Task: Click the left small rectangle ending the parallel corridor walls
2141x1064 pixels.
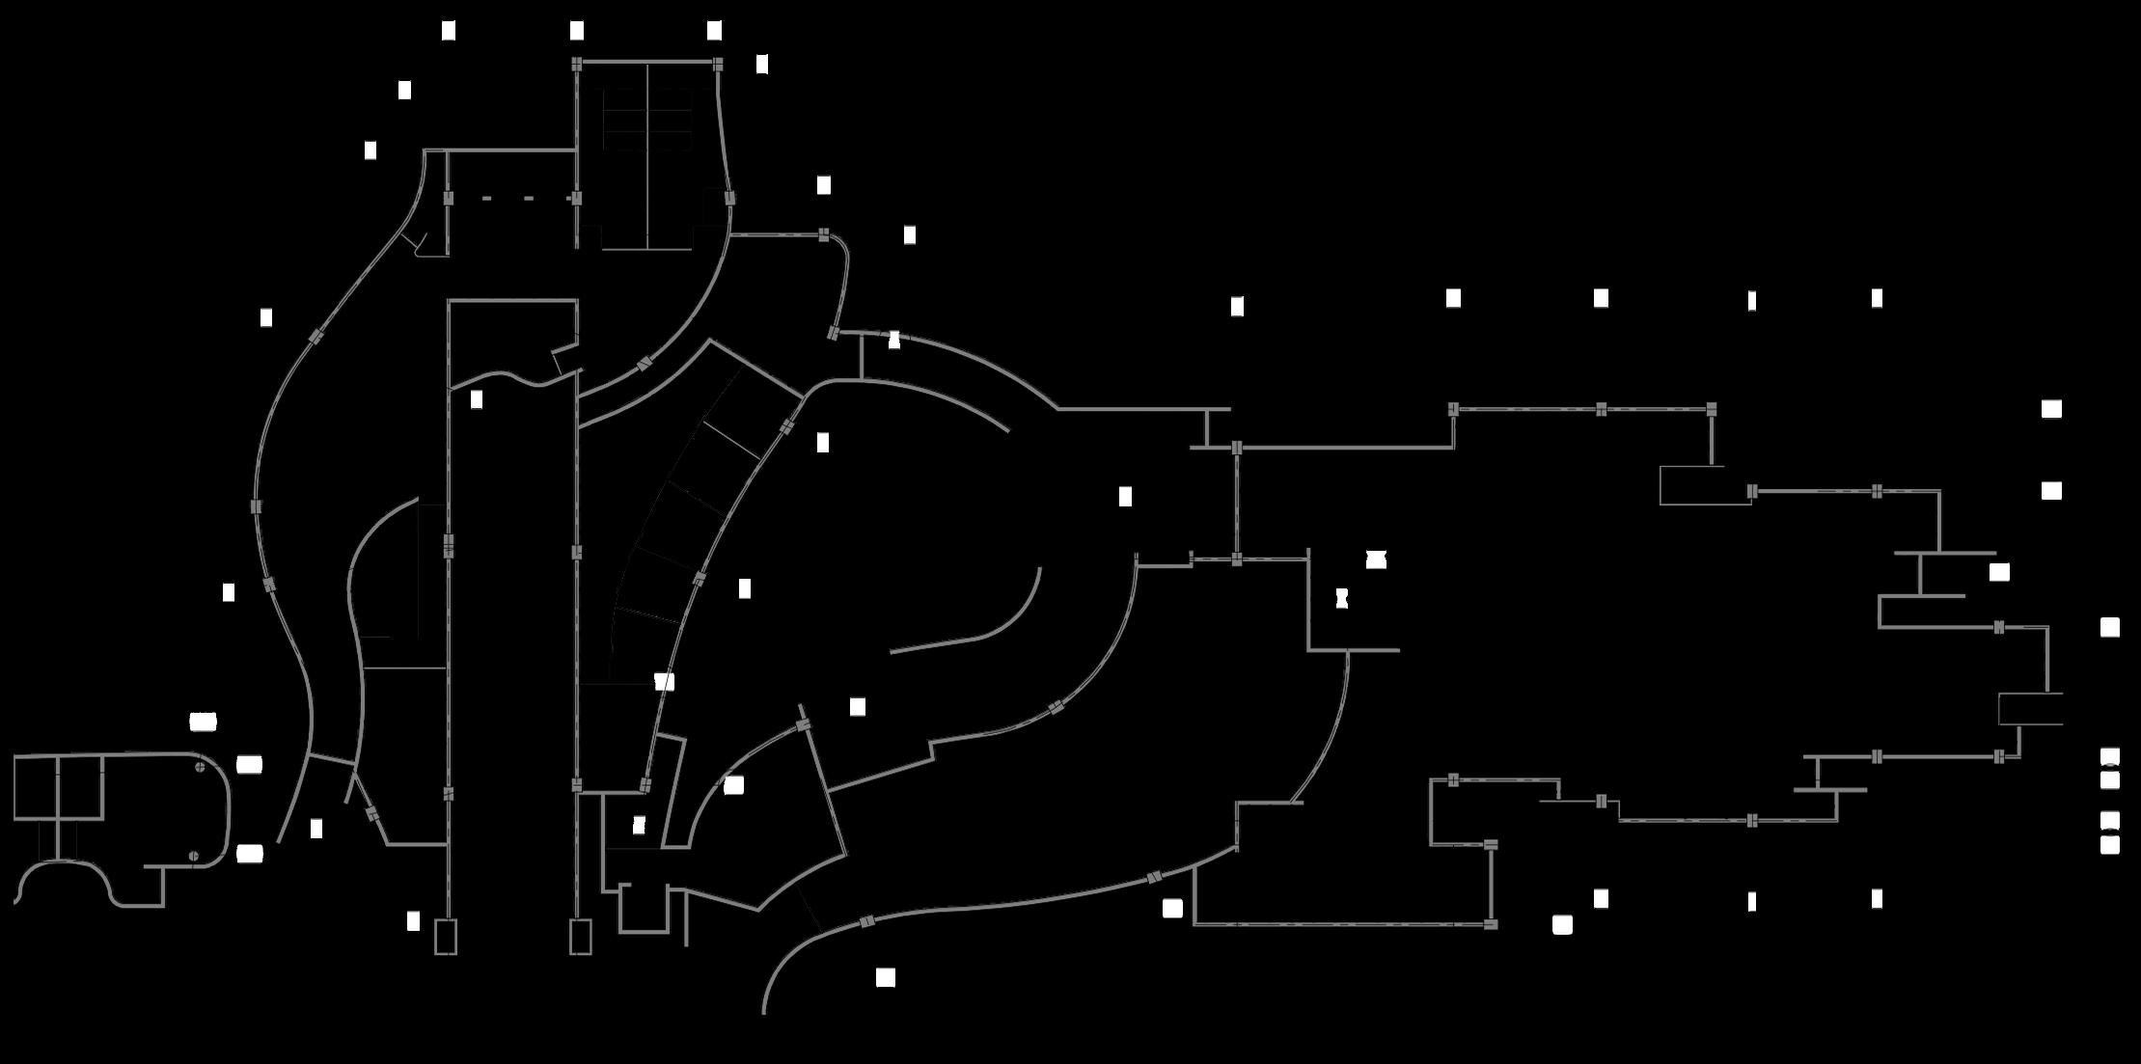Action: [x=445, y=937]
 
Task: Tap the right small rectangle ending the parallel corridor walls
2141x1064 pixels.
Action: [x=580, y=937]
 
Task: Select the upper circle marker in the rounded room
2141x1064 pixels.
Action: [x=200, y=768]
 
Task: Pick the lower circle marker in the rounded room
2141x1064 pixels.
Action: [x=194, y=856]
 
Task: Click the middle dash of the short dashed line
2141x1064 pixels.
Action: [x=528, y=199]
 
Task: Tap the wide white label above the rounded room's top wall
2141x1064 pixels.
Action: [x=203, y=722]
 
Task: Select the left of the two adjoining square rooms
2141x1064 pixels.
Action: [x=36, y=787]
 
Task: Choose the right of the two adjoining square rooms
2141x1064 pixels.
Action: [x=80, y=787]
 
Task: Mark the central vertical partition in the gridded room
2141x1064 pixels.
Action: [x=646, y=154]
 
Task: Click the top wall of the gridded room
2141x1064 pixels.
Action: [x=646, y=63]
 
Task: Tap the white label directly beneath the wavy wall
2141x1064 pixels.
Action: [x=476, y=399]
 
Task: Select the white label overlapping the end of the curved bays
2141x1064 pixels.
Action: [x=664, y=682]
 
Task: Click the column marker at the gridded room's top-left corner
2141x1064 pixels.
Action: [x=577, y=64]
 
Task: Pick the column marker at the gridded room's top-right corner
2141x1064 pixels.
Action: [x=718, y=64]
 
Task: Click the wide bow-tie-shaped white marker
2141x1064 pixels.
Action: [x=1376, y=559]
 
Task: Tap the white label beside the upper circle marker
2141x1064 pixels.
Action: [x=249, y=765]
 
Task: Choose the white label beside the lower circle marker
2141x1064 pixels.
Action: [x=249, y=854]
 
